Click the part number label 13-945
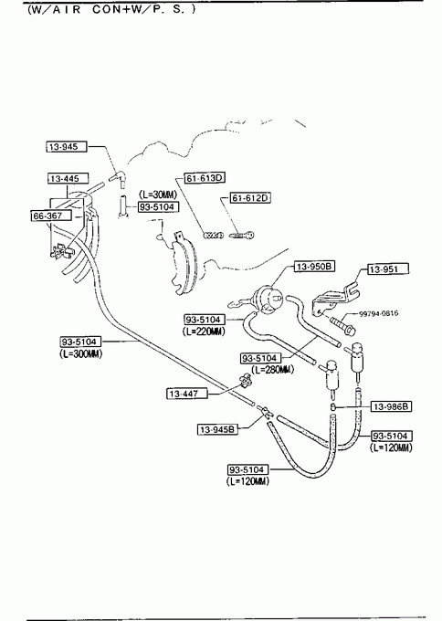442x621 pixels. tap(66, 147)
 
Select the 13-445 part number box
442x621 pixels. tap(68, 179)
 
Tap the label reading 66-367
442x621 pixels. tap(51, 216)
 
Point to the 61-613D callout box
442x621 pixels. tap(204, 178)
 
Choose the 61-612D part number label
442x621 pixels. tap(250, 197)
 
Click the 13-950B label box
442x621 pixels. tap(314, 267)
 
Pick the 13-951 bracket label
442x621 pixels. tap(388, 269)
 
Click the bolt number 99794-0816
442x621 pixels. tap(379, 313)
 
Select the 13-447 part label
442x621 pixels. tap(187, 394)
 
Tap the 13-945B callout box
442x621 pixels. tap(218, 429)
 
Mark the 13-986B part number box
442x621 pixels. tap(391, 406)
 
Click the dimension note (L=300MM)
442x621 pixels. tap(81, 353)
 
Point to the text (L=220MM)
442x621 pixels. tap(204, 332)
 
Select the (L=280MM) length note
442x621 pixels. tap(272, 370)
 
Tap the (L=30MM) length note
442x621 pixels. tap(158, 195)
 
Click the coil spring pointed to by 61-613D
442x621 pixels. tap(213, 236)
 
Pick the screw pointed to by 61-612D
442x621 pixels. tap(242, 236)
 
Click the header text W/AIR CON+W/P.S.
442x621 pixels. tap(111, 9)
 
